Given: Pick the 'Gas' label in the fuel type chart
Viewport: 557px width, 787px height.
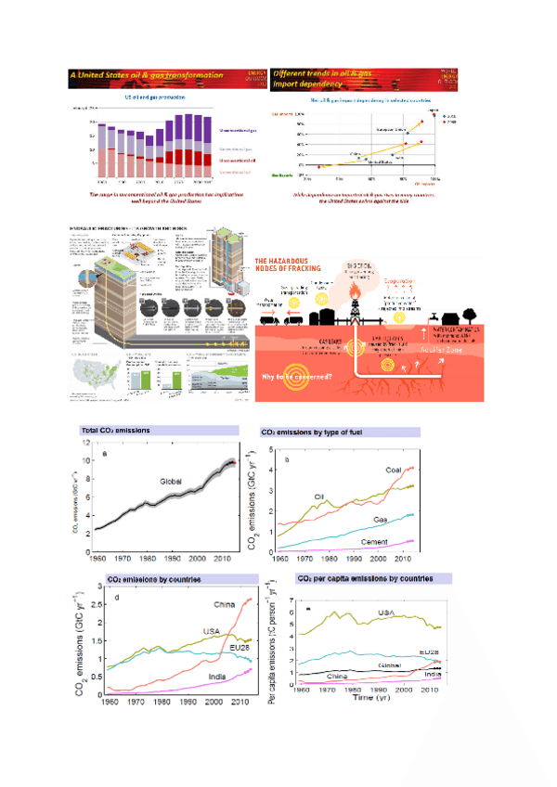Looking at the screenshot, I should [x=380, y=520].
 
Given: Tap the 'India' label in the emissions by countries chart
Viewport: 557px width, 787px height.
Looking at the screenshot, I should [x=218, y=676].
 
